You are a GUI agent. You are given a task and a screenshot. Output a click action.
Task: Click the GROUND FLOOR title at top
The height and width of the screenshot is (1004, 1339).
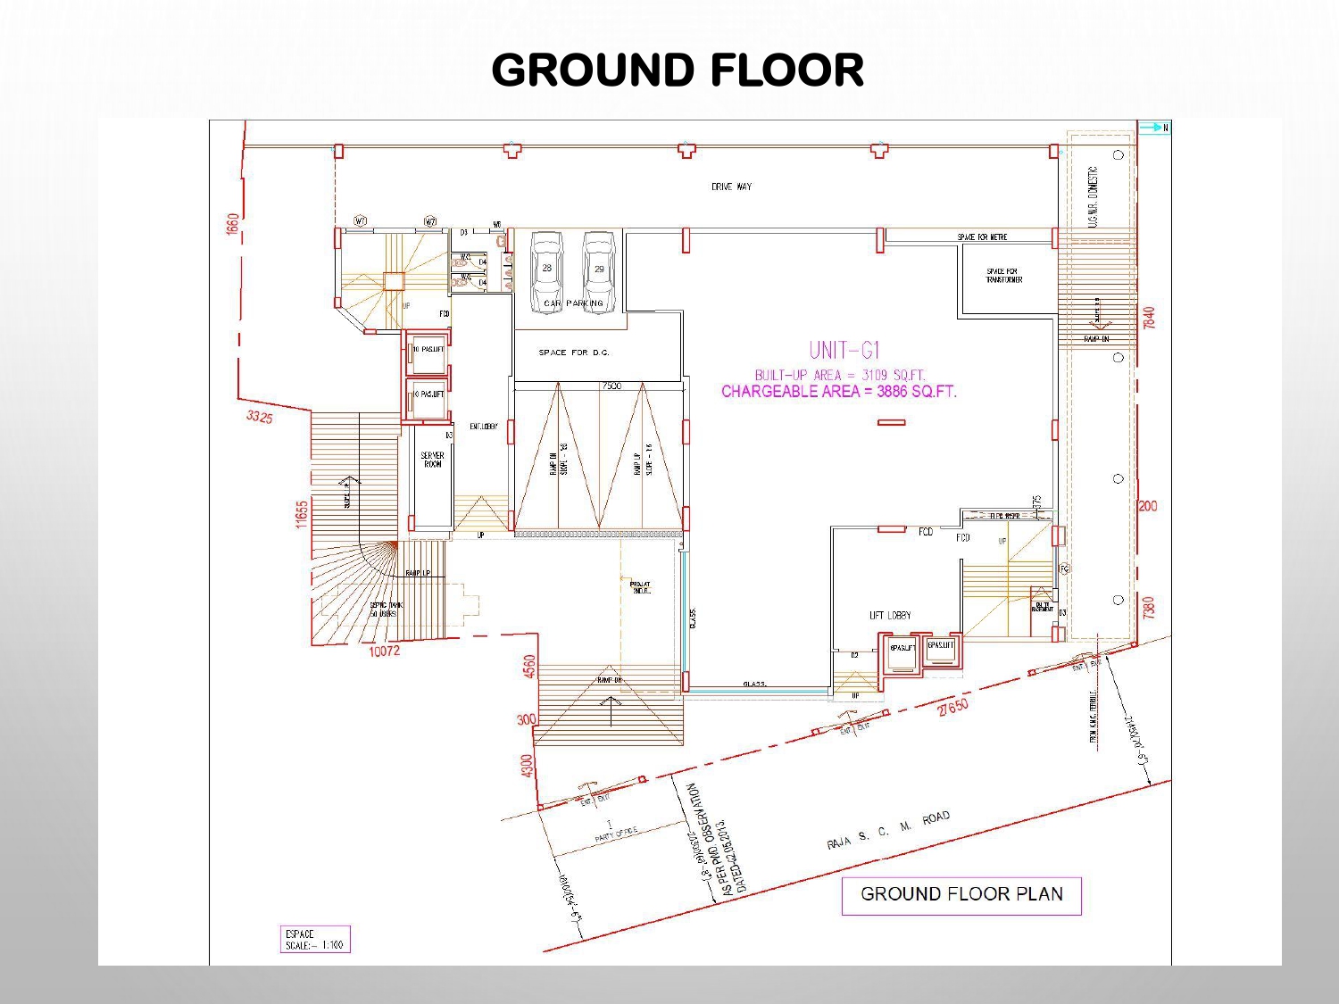click(678, 71)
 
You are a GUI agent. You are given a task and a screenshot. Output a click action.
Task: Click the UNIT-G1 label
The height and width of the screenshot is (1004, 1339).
click(844, 350)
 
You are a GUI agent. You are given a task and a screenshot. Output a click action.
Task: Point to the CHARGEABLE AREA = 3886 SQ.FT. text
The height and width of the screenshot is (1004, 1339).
click(838, 391)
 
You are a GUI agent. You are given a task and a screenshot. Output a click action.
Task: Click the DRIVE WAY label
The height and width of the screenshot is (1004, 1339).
click(731, 187)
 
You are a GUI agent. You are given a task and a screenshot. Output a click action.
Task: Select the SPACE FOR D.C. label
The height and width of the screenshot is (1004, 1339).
click(574, 353)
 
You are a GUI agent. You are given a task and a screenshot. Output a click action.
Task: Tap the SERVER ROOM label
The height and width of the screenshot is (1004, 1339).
click(432, 460)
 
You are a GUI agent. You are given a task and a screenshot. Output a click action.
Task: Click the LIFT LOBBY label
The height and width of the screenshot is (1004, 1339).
click(890, 615)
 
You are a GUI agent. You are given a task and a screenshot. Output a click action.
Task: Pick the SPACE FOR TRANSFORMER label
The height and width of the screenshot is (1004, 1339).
click(1003, 276)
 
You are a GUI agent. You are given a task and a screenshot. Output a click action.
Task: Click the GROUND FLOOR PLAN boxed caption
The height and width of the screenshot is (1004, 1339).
click(961, 895)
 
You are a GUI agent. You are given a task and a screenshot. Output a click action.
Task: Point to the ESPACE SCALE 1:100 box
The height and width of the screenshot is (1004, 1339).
click(314, 940)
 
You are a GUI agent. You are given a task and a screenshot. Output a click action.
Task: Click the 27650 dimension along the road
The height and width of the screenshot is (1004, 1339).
click(952, 708)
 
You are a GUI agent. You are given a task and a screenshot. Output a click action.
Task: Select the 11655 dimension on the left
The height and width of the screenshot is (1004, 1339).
click(302, 513)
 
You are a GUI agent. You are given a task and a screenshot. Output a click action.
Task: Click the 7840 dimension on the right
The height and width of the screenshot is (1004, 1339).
click(1149, 318)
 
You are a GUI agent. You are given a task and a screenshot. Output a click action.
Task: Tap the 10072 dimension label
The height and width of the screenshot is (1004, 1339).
click(384, 651)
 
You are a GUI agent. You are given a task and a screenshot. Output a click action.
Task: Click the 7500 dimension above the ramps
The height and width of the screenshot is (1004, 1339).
click(611, 386)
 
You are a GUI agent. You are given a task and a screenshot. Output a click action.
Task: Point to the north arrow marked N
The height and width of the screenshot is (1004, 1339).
click(1154, 128)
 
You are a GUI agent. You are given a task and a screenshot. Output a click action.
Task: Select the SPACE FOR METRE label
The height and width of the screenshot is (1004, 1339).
click(982, 237)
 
